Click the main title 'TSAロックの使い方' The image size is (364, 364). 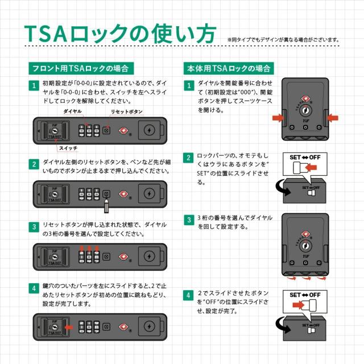(120, 34)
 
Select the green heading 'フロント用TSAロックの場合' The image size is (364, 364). (81, 68)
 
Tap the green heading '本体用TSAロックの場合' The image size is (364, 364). (229, 68)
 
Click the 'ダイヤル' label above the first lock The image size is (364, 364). (73, 111)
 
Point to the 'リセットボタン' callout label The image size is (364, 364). (126, 111)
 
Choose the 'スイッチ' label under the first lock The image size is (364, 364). (68, 148)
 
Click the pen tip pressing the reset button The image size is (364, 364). (106, 199)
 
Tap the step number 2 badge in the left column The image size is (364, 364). (34, 164)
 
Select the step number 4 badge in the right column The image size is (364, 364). (188, 295)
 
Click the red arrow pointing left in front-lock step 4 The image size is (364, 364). (69, 328)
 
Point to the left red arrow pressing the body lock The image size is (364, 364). (278, 118)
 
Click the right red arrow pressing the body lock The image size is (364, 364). (333, 118)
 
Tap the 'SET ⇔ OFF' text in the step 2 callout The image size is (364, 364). (305, 158)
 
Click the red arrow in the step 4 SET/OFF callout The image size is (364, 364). (298, 305)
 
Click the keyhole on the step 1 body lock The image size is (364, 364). (305, 110)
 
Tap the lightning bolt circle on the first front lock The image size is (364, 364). (149, 130)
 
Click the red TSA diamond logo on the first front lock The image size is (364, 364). (123, 130)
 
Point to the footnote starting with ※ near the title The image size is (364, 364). (283, 40)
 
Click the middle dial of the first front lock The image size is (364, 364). (89, 131)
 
